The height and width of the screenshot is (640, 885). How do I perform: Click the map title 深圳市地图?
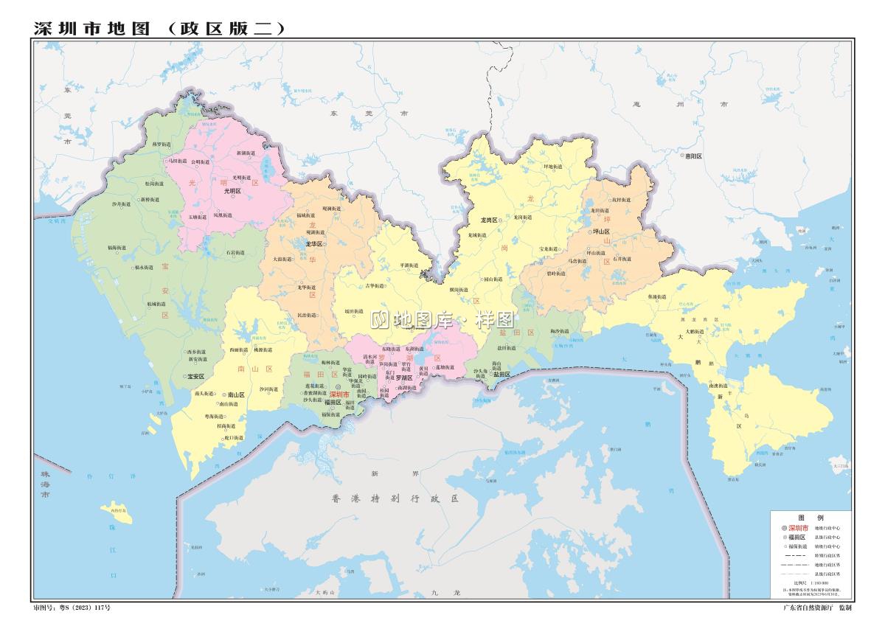point(92,28)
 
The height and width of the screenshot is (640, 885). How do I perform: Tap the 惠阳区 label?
point(693,156)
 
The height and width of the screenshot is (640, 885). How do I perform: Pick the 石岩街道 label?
point(236,253)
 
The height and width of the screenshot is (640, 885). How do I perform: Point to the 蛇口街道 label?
point(232,438)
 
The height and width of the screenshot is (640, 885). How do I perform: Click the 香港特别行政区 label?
point(395,499)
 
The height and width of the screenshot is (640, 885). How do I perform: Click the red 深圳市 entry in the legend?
point(798,529)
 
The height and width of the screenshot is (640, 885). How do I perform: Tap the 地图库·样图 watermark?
point(442,320)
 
